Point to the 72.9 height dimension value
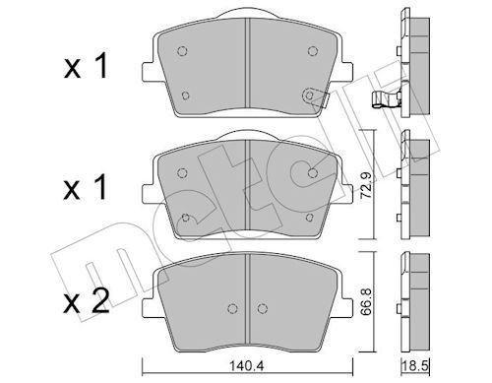tap(366, 186)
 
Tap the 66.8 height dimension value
tap(366, 301)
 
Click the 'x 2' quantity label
tap(86, 302)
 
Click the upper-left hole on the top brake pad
tap(182, 51)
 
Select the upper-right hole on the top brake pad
tap(313, 51)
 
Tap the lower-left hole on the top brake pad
tap(185, 96)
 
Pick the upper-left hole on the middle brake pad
tap(182, 173)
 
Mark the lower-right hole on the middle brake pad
tap(309, 218)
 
